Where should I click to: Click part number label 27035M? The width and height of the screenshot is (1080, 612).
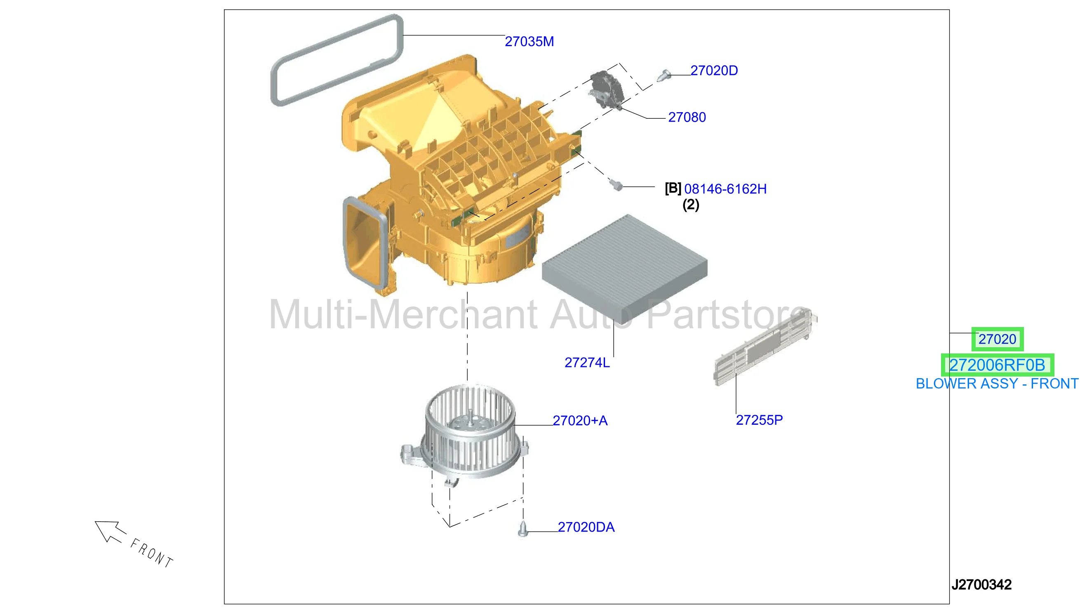(x=529, y=41)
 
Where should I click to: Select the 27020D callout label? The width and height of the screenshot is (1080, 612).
(x=713, y=70)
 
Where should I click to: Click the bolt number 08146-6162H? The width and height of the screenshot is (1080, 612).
(x=725, y=189)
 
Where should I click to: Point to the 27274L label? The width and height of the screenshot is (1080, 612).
(x=587, y=362)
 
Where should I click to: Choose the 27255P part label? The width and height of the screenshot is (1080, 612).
(x=759, y=419)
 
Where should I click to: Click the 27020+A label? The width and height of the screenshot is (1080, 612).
(x=579, y=420)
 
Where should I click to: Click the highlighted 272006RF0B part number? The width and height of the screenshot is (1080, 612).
(x=997, y=365)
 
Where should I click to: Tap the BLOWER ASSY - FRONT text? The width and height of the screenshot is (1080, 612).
(x=997, y=384)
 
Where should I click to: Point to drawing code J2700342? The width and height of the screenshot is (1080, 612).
(x=981, y=584)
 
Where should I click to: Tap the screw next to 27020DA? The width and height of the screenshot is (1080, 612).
(x=522, y=529)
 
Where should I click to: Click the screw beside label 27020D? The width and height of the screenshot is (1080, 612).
(x=663, y=75)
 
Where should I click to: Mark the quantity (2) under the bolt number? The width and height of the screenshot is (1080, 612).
(x=690, y=205)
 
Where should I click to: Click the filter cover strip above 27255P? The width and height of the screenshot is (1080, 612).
(x=765, y=347)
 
